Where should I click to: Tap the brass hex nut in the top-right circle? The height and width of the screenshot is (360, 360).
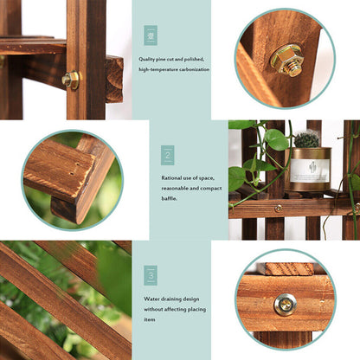point(286,60)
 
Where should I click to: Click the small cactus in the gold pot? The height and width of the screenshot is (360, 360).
point(306,138)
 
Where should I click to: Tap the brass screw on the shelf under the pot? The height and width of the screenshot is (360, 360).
point(278,208)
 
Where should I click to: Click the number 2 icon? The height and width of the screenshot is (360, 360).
point(167,156)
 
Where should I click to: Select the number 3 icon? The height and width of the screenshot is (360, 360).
point(151,276)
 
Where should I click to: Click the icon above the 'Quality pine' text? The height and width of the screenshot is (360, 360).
point(151,35)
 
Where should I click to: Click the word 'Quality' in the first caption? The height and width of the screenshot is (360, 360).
point(150,60)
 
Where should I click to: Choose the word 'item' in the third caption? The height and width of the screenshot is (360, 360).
point(150,318)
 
